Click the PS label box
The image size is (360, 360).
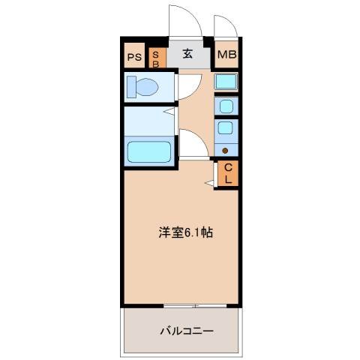133,56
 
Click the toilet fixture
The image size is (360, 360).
142,87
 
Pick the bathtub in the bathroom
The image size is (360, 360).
150,151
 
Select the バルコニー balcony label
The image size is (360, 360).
186,330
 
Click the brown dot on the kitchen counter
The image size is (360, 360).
225,149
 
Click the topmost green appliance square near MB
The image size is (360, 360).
225,82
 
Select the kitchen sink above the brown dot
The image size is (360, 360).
225,128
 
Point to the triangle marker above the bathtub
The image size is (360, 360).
172,112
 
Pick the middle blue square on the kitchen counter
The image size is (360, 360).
225,107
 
